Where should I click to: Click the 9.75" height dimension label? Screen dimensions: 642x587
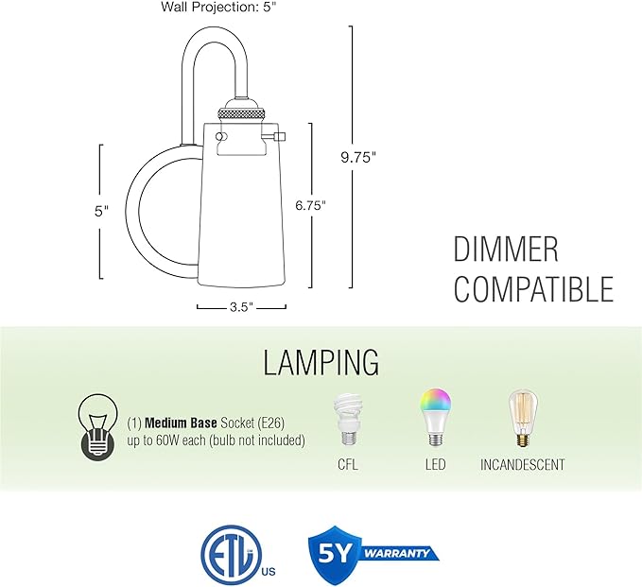358,157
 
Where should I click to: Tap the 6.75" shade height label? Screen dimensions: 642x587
311,205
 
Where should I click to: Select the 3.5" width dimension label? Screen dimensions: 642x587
241,307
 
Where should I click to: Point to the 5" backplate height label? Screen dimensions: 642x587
102,211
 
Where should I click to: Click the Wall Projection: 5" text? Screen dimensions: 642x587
221,7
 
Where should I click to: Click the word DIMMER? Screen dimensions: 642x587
506,250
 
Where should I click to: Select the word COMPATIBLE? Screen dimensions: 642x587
533,289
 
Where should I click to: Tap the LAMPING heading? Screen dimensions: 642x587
321,362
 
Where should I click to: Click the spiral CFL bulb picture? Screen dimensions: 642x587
347,420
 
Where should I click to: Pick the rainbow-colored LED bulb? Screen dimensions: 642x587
435,417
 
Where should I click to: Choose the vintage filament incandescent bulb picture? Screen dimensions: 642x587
523,419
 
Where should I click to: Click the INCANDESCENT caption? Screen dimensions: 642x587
523,465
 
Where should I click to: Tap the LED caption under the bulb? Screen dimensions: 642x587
435,465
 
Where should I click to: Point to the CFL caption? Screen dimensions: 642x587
348,465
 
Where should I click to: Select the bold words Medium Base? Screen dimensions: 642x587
181,423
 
